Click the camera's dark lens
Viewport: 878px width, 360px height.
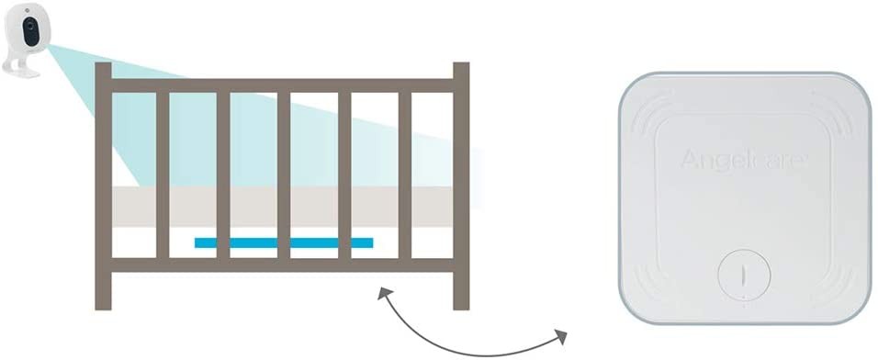pyautogui.click(x=31, y=32)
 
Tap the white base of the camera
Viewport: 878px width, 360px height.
pyautogui.click(x=21, y=71)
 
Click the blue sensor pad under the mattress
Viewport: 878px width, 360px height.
pyautogui.click(x=284, y=242)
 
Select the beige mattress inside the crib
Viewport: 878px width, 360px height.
pyautogui.click(x=282, y=207)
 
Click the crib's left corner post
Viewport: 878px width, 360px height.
pyautogui.click(x=103, y=186)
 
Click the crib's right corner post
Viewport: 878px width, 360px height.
pyautogui.click(x=461, y=186)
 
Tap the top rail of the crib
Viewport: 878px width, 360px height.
pyautogui.click(x=282, y=85)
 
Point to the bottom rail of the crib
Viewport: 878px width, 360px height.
pyautogui.click(x=282, y=264)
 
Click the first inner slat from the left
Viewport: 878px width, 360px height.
pyautogui.click(x=163, y=175)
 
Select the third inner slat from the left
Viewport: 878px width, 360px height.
pyautogui.click(x=284, y=175)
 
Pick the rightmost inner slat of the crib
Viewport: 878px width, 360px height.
pyautogui.click(x=405, y=175)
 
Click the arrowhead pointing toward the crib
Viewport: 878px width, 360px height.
pyautogui.click(x=384, y=293)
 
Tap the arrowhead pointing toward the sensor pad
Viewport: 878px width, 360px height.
pyautogui.click(x=560, y=336)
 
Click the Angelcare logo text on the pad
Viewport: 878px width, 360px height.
pyautogui.click(x=744, y=160)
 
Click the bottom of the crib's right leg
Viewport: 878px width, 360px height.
pyautogui.click(x=461, y=306)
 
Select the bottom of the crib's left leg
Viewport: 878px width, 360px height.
pyautogui.click(x=103, y=306)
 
